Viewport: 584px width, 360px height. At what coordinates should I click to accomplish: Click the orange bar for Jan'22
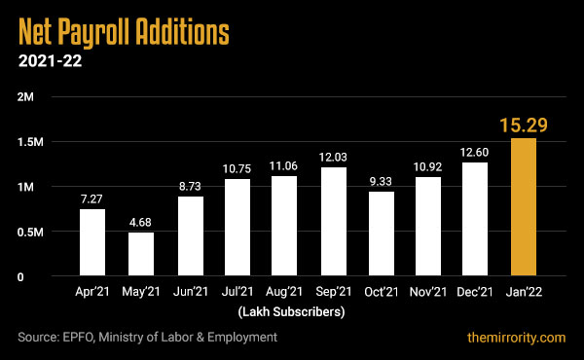click(524, 207)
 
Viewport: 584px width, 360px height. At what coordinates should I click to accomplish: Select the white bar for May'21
click(140, 254)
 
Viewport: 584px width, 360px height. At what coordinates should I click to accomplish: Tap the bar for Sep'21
click(332, 222)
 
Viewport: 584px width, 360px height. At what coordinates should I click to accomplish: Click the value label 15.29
click(524, 125)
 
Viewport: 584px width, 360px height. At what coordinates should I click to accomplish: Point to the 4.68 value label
click(140, 221)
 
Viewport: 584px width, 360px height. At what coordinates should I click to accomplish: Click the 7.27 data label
click(92, 198)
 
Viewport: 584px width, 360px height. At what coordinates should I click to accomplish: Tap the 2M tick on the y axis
click(26, 97)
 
